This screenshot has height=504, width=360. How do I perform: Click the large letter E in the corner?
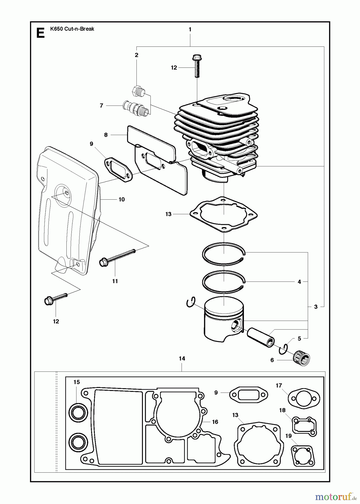41,33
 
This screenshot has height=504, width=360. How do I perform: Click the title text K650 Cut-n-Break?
72,29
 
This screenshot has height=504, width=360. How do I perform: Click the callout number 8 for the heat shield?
106,135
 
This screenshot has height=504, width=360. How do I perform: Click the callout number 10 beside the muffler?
122,200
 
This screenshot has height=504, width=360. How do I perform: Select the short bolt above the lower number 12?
55,298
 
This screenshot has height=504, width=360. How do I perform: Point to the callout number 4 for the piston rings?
299,282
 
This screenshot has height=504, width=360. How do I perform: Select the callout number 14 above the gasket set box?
182,358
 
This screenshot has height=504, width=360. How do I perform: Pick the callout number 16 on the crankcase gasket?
215,422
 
